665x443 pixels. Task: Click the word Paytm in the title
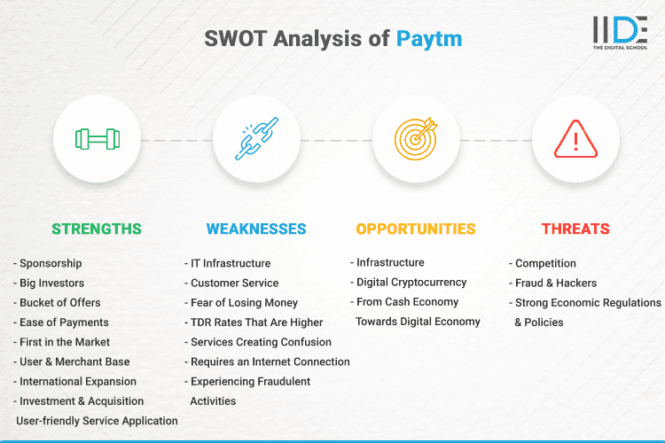pos(429,39)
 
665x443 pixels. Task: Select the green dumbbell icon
pos(97,139)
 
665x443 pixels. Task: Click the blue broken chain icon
pos(256,139)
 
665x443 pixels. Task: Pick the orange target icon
pos(416,139)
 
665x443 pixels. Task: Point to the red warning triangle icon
pos(575,139)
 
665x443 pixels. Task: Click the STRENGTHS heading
pos(96,229)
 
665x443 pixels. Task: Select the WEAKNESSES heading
pos(256,229)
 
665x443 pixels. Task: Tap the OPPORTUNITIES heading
pos(416,229)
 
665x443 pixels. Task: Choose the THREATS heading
pos(575,229)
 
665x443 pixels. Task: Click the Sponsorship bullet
pos(50,263)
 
